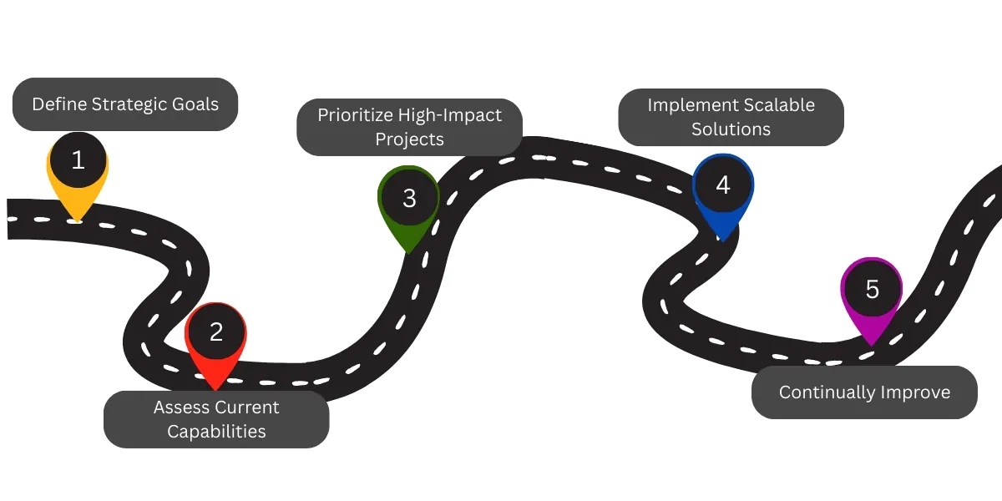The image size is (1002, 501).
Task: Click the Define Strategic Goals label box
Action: (x=125, y=104)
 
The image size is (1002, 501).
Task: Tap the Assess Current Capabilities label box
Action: (x=216, y=419)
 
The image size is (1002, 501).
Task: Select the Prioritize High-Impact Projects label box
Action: (x=409, y=127)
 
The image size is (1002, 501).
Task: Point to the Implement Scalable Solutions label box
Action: (x=731, y=117)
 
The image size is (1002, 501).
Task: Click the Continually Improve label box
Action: (x=864, y=392)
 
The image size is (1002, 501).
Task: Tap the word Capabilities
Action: (x=216, y=432)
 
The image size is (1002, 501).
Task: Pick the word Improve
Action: (x=918, y=392)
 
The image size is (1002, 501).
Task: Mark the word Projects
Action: (x=409, y=139)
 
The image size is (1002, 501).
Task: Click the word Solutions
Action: (x=731, y=129)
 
